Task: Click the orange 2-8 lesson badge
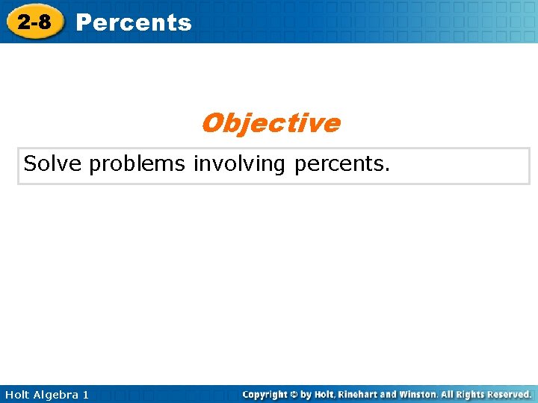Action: pos(34,22)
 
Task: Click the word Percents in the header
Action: pos(134,23)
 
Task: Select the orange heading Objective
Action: pos(270,123)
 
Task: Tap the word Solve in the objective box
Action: pos(52,163)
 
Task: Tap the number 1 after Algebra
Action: pos(85,394)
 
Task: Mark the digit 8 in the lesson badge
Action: pos(45,22)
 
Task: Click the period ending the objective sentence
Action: pos(387,169)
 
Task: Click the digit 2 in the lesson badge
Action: pos(25,22)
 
